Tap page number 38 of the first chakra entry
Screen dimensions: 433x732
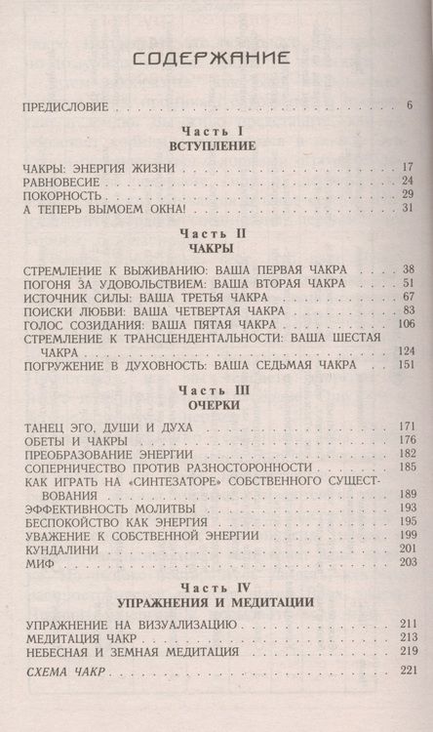[409, 269]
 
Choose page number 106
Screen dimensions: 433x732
[406, 324]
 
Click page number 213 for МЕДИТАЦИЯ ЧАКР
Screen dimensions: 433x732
[406, 636]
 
